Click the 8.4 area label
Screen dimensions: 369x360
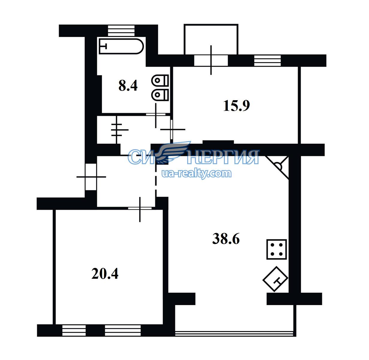click(128, 86)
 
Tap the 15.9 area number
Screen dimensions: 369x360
click(237, 106)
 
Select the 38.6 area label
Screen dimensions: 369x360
click(226, 238)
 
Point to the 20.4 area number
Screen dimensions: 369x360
click(105, 274)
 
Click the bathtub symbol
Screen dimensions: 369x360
click(121, 46)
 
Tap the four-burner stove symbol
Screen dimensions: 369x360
click(276, 249)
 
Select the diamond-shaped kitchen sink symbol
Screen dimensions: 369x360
click(275, 279)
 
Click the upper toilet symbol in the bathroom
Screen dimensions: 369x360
click(160, 80)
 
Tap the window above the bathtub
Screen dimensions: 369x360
click(121, 31)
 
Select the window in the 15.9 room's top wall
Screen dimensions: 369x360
click(267, 61)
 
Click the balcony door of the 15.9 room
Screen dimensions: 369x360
click(211, 60)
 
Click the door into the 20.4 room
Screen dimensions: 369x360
click(140, 208)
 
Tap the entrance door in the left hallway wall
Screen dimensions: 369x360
click(91, 177)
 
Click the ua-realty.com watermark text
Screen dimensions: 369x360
click(196, 173)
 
